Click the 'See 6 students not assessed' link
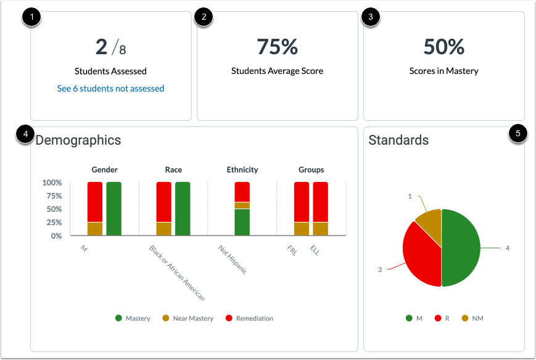point(110,88)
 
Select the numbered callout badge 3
point(370,17)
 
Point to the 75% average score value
point(277,47)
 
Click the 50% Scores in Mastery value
point(443,47)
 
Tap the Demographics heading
point(78,140)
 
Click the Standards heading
point(398,140)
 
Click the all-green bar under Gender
point(114,208)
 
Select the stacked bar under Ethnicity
point(242,208)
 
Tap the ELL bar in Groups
point(320,208)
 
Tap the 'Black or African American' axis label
point(177,272)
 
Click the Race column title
point(173,170)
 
